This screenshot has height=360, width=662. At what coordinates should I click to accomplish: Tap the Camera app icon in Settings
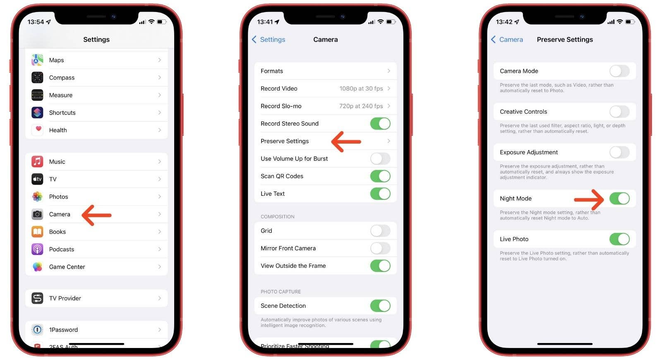click(37, 214)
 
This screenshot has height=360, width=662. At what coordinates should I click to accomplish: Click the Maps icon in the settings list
click(37, 60)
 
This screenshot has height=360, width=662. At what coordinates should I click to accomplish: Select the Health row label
click(58, 130)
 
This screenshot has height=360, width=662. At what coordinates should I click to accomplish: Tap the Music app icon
click(37, 162)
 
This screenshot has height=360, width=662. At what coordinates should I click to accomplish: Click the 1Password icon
click(37, 330)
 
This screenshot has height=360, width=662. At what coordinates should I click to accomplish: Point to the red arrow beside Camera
click(97, 215)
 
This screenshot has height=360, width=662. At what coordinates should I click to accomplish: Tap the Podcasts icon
click(37, 250)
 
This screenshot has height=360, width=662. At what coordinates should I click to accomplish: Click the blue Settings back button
click(269, 40)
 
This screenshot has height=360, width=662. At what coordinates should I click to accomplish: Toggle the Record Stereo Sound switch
click(380, 124)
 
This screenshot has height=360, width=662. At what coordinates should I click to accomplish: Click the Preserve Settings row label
click(285, 141)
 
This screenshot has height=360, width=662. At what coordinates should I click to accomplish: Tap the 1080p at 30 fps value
click(361, 89)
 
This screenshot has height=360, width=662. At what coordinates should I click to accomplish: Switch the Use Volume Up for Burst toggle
click(380, 158)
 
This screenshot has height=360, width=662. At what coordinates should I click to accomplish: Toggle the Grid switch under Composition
click(380, 231)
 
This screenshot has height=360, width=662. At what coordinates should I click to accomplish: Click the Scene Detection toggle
click(380, 306)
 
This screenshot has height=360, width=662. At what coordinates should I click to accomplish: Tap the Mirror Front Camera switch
click(380, 248)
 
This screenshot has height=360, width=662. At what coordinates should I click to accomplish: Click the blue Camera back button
click(507, 40)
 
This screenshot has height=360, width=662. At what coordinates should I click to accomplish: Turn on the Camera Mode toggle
click(619, 71)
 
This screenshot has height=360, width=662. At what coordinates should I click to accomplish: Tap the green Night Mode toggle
click(619, 199)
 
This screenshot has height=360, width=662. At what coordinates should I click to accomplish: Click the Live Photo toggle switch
click(619, 239)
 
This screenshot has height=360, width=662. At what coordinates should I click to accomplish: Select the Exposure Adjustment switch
click(619, 152)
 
